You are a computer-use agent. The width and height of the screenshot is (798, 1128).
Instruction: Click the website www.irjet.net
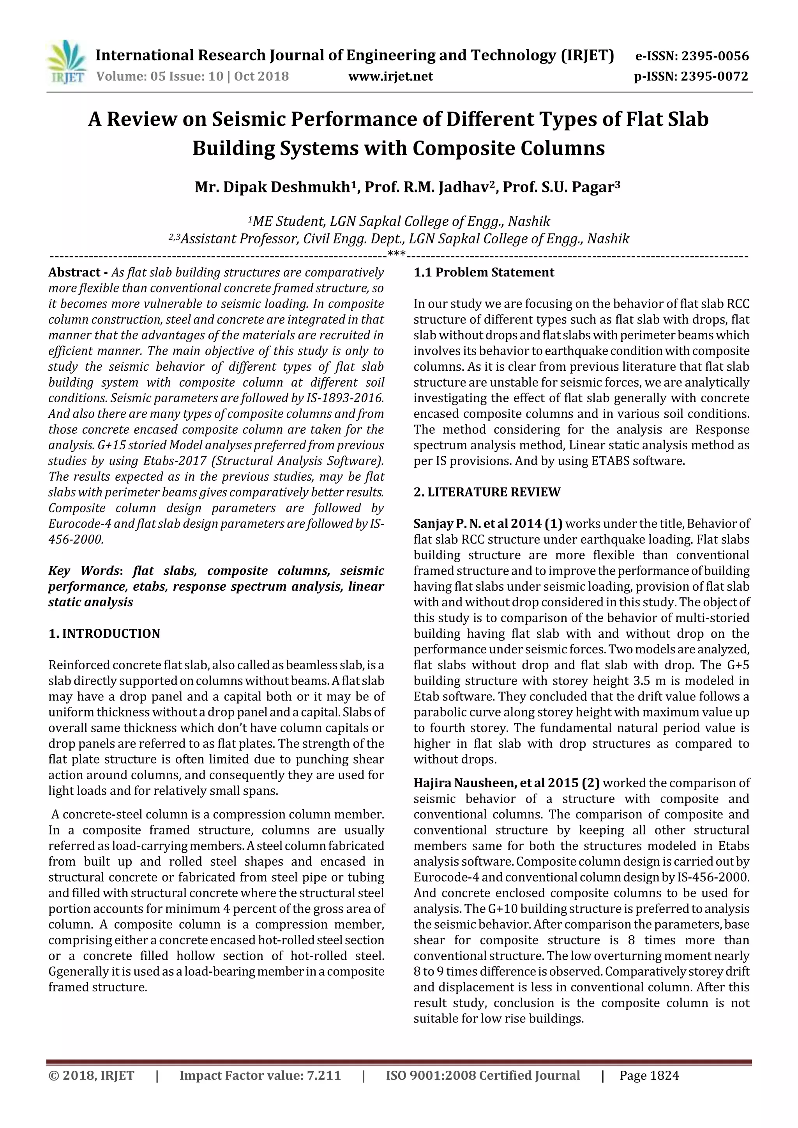(x=391, y=77)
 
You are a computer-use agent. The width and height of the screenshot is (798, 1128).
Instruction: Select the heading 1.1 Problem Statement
(x=484, y=273)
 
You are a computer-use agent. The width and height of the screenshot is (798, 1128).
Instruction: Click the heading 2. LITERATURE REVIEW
(x=487, y=492)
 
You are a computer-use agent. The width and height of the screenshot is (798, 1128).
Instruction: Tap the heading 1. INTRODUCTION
(x=104, y=634)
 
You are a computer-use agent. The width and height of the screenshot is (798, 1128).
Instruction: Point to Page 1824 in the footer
(x=649, y=1076)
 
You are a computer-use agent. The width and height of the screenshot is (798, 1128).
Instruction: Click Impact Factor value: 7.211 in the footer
(x=260, y=1076)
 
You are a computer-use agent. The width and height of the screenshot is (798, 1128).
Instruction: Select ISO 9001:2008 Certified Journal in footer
(x=483, y=1076)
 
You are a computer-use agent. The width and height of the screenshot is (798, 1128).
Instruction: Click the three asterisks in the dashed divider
(x=396, y=253)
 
